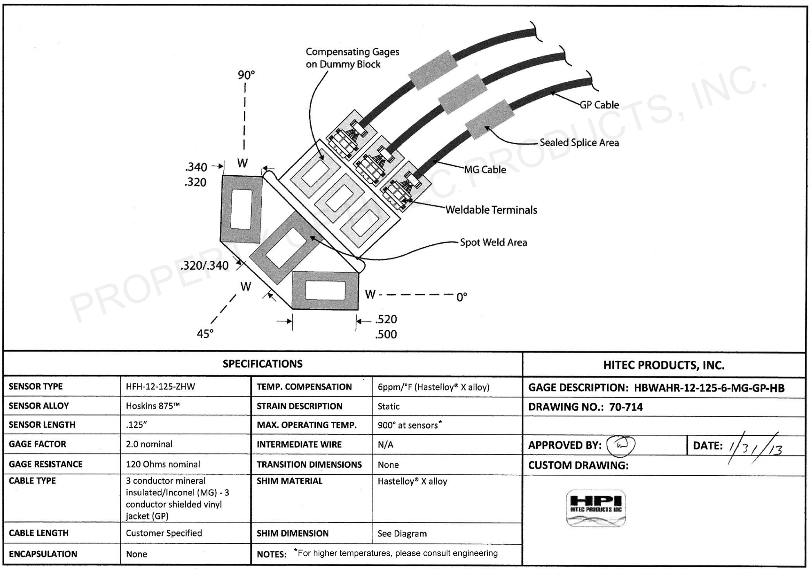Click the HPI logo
coord(595,507)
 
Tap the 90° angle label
coord(246,75)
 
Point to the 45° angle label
coord(205,334)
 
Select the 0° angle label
coord(461,297)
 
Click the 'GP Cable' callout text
coord(599,105)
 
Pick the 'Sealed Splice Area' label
coord(579,143)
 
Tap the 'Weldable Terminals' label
coord(491,210)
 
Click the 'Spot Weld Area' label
coord(493,242)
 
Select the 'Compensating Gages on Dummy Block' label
coord(352,58)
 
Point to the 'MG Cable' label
coord(485,170)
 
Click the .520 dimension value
coord(386,319)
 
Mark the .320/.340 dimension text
coord(204,266)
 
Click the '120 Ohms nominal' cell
coord(163,464)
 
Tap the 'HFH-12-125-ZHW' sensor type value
coord(160,387)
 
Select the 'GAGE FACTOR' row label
coord(37,444)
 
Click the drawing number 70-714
coord(625,407)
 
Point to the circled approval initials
coord(620,445)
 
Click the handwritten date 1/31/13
coord(755,448)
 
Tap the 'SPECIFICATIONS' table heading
coord(263,364)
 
